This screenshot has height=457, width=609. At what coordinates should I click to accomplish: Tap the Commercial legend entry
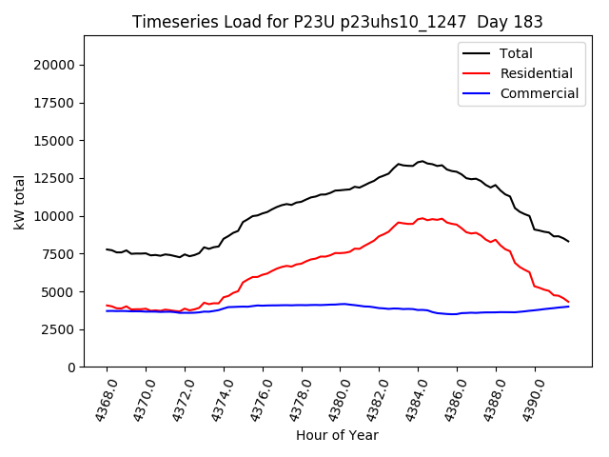(x=539, y=93)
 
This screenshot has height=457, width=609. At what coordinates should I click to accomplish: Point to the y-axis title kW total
(x=19, y=201)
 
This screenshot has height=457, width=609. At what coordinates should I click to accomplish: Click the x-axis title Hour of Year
(x=337, y=435)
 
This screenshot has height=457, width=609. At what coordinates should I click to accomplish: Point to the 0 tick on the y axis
(x=72, y=368)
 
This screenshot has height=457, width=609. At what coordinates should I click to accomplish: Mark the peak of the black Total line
(x=422, y=161)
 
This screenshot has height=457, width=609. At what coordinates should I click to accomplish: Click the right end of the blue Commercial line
(x=569, y=306)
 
